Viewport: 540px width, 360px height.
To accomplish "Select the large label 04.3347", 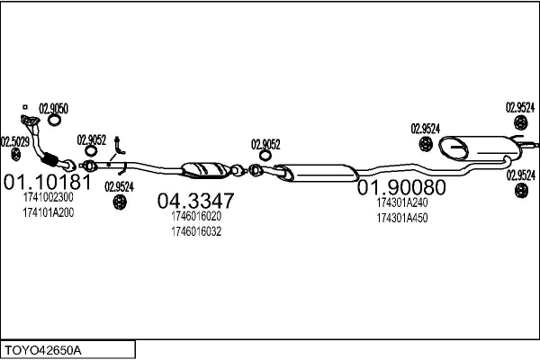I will (x=196, y=200).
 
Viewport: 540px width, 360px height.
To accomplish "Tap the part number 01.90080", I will (x=401, y=188).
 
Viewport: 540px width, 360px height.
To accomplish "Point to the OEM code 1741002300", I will (x=48, y=198).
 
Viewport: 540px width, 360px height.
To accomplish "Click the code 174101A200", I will (x=48, y=212).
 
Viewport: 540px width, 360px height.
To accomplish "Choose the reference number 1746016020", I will (x=195, y=217).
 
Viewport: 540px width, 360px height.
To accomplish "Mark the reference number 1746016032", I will (x=195, y=231).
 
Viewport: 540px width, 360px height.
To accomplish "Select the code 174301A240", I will (x=401, y=203).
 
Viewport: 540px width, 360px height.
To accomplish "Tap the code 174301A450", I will (x=401, y=219).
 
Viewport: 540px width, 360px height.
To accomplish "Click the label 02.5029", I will (x=14, y=141).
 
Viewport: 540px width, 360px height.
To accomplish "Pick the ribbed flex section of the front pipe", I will (x=64, y=162).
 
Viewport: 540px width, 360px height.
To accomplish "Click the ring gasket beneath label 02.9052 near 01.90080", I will (x=256, y=169).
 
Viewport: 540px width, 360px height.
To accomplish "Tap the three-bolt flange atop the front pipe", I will (x=28, y=121).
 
